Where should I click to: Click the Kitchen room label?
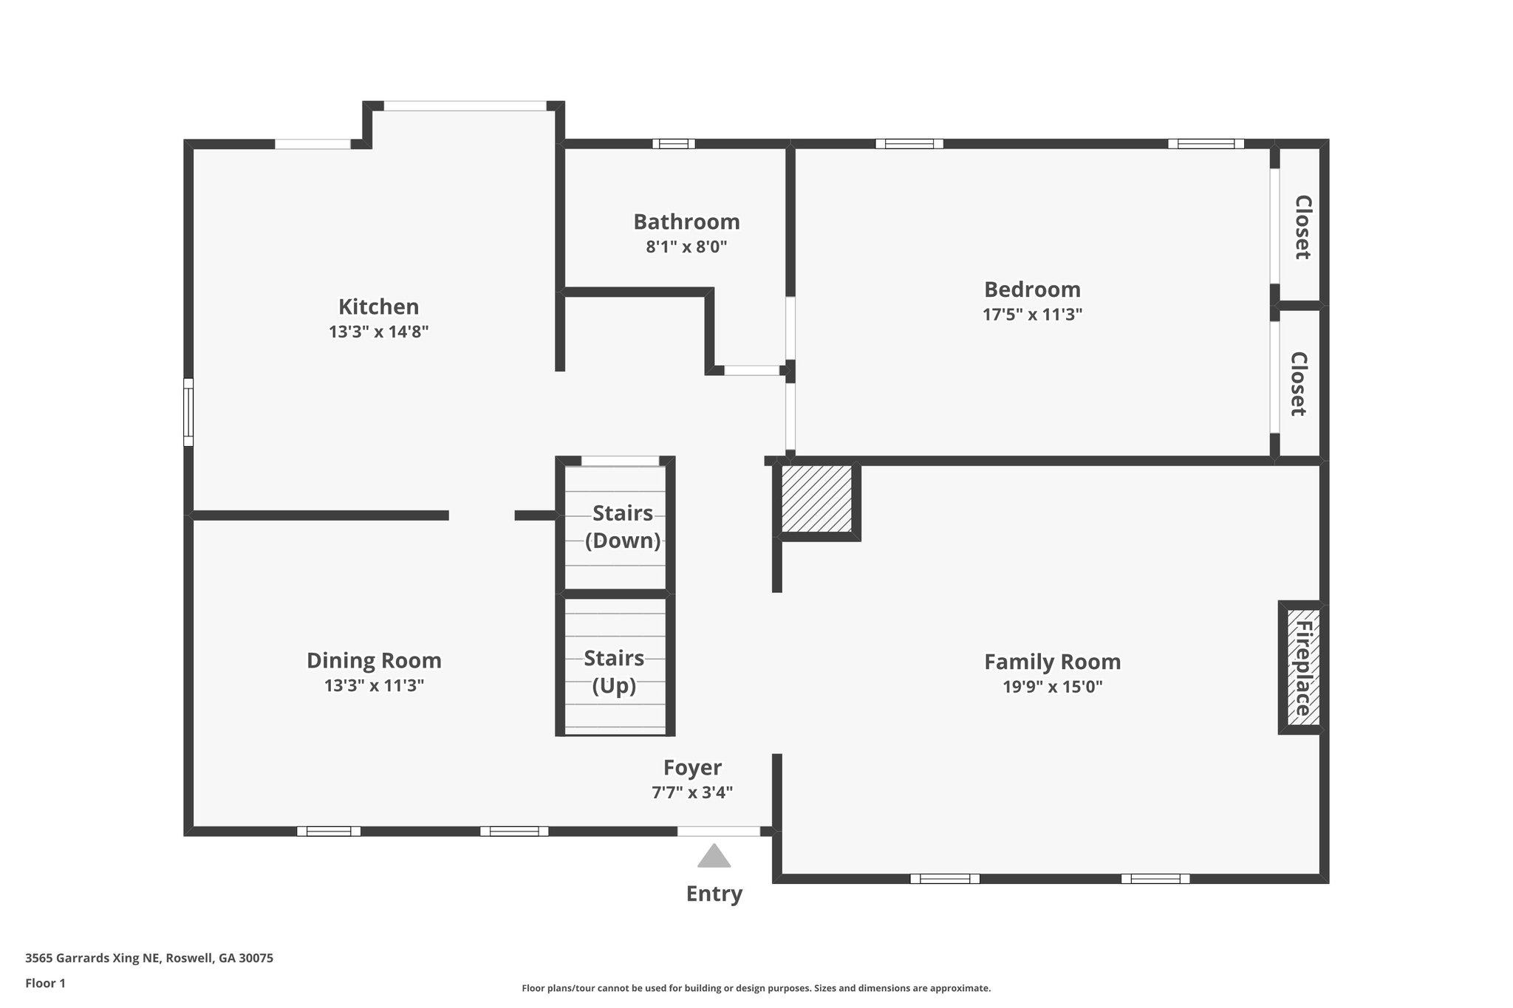(x=378, y=306)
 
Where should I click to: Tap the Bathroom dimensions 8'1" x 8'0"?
(x=686, y=247)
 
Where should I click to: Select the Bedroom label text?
(x=1032, y=289)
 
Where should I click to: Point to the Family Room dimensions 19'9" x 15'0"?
(x=1052, y=687)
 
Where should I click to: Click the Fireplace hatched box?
(x=1302, y=668)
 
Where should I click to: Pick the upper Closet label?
(x=1302, y=227)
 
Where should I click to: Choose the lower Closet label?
(x=1299, y=383)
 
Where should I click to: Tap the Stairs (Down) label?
(x=622, y=527)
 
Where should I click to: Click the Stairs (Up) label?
(x=614, y=671)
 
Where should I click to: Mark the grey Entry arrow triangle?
(x=714, y=857)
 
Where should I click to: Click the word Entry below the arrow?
(x=714, y=894)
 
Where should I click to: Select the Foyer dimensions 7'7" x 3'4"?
(x=691, y=792)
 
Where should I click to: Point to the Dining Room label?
(x=374, y=660)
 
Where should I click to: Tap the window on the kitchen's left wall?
(x=188, y=412)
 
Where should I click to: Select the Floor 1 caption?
(x=46, y=983)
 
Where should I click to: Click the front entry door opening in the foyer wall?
(x=718, y=831)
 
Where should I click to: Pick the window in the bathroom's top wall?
(x=673, y=144)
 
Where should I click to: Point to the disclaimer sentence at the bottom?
(x=756, y=988)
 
